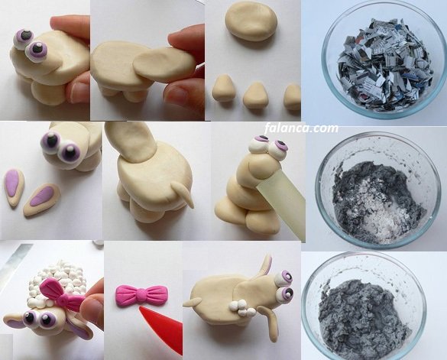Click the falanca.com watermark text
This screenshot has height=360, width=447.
(x=301, y=128)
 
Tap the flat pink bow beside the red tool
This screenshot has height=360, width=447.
(x=141, y=295)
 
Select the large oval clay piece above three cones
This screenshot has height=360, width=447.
(x=251, y=21)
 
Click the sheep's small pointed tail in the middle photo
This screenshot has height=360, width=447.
(x=183, y=195)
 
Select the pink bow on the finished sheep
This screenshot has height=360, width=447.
(x=61, y=295)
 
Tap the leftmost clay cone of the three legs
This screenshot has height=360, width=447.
(x=223, y=88)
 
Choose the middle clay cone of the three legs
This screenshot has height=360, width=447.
(x=256, y=96)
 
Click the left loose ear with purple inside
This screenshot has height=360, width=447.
(x=14, y=187)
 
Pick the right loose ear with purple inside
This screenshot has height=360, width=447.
(x=42, y=199)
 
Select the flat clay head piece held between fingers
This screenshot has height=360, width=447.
(x=164, y=65)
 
